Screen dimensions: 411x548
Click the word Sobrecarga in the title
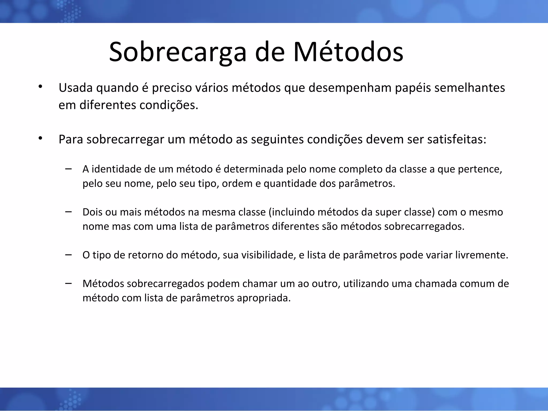(177, 52)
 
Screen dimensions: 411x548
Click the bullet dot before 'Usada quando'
(40, 86)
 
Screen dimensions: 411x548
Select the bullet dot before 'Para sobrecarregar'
(40, 138)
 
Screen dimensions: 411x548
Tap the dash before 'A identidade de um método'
(68, 169)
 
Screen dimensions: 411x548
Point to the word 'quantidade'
(290, 184)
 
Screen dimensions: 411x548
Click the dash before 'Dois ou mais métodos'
(68, 212)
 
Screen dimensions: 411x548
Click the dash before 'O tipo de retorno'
(68, 255)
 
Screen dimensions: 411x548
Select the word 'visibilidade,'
(268, 255)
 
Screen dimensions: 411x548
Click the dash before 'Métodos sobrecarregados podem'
(68, 283)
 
